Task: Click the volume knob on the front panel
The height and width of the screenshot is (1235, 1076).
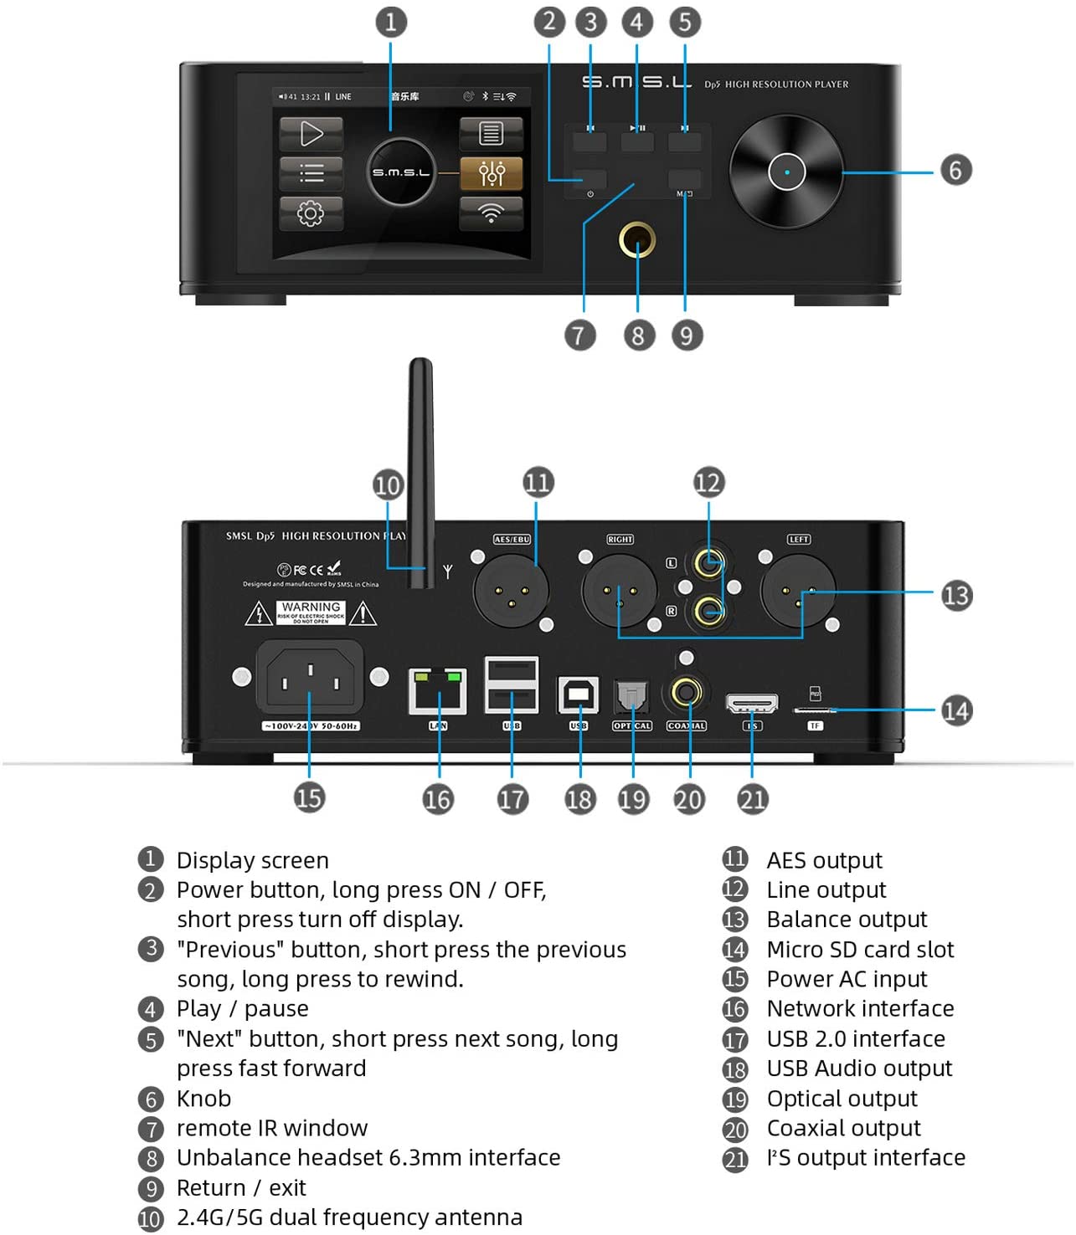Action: [x=786, y=172]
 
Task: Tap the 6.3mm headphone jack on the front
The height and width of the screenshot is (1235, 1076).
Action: [x=637, y=240]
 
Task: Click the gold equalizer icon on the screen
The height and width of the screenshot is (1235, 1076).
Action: [x=491, y=173]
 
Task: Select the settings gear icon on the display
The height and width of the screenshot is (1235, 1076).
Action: [x=311, y=213]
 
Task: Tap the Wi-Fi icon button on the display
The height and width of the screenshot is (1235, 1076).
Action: [x=491, y=213]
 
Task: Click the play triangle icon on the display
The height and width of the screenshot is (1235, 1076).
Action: [x=311, y=134]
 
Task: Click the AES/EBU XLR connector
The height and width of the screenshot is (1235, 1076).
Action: [x=511, y=590]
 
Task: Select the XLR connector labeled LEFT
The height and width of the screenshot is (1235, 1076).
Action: [x=797, y=590]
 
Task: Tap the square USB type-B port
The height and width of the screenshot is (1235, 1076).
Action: [x=578, y=694]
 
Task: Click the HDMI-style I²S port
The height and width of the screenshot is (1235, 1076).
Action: [x=751, y=703]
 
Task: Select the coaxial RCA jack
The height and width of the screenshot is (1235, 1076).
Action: [x=687, y=693]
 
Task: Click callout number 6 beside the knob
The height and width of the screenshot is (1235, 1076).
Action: [x=955, y=170]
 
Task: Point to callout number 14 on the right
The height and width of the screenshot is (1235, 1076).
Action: [x=955, y=710]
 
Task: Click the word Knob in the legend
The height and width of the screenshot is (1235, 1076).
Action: [x=203, y=1098]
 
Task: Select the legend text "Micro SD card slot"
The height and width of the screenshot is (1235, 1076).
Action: [x=860, y=949]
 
